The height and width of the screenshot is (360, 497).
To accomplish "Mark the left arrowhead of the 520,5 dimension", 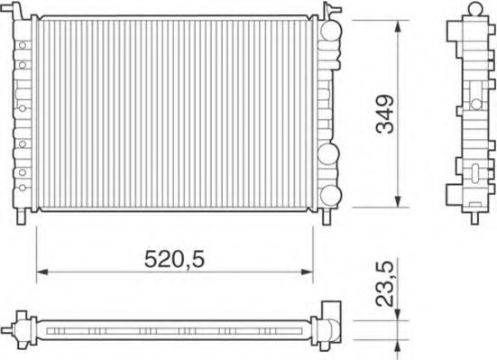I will tap(41, 272).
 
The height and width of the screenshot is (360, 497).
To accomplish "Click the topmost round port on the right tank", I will tap(330, 34).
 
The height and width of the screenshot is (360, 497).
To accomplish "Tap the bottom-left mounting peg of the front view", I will tap(20, 217).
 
